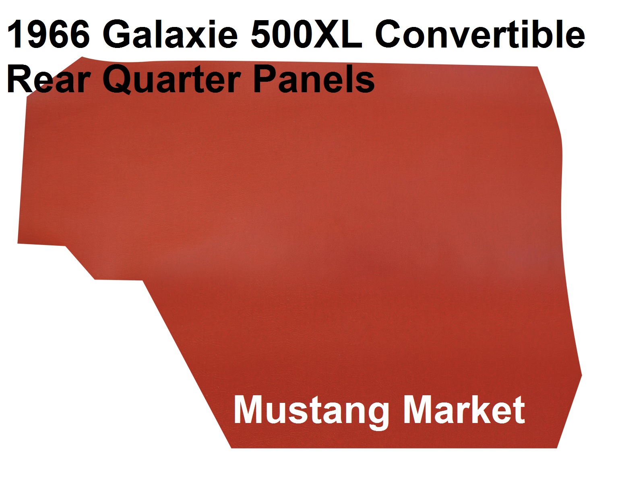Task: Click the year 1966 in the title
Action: (x=48, y=34)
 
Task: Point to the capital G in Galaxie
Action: (x=117, y=34)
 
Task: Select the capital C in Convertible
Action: (x=389, y=34)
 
